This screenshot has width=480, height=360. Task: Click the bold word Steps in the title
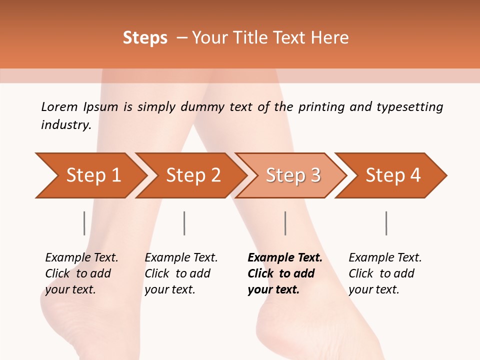click(x=145, y=38)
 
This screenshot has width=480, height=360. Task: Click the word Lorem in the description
click(x=59, y=106)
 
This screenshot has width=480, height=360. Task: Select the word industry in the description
click(x=66, y=124)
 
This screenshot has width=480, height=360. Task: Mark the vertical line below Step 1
click(x=84, y=223)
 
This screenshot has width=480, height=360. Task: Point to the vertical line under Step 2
click(x=184, y=223)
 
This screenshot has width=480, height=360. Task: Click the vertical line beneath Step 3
click(x=285, y=223)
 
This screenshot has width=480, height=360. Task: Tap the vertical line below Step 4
click(x=386, y=223)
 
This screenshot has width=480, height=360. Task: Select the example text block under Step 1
click(x=81, y=273)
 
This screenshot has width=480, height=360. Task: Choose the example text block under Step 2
click(x=181, y=273)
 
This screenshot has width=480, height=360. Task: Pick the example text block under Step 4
click(x=385, y=273)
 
